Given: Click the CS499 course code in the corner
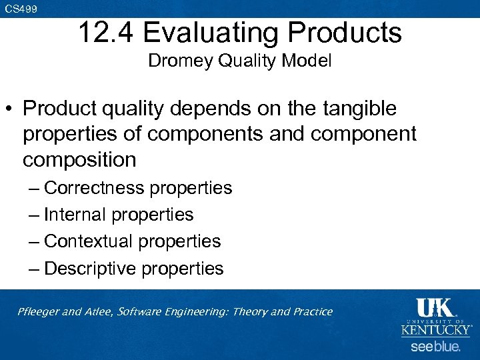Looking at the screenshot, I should click(x=21, y=9).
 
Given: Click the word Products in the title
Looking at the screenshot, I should click(x=353, y=32).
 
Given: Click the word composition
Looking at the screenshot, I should click(x=79, y=160).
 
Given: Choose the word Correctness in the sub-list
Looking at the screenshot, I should click(x=94, y=188).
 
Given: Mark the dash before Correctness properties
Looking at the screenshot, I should click(x=34, y=188).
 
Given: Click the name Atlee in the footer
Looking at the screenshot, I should click(x=99, y=311).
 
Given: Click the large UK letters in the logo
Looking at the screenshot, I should click(x=435, y=309).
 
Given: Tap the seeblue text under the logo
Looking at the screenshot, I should click(x=435, y=347).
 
